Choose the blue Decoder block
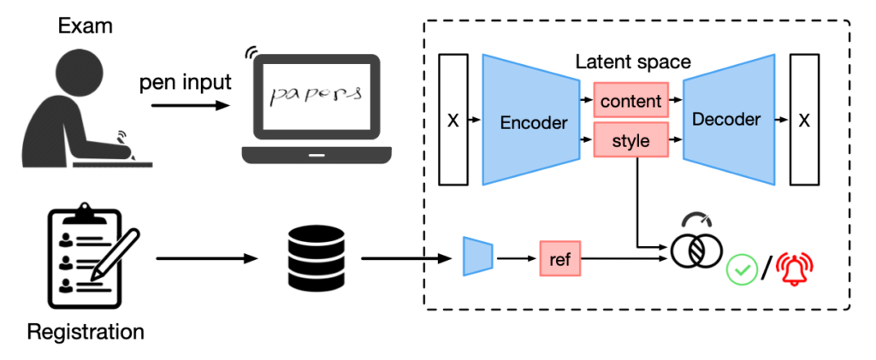726,119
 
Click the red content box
630,102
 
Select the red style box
630,140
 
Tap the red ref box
559,257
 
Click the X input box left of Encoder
453,120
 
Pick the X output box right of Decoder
803,120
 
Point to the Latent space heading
632,62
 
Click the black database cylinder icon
308,256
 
